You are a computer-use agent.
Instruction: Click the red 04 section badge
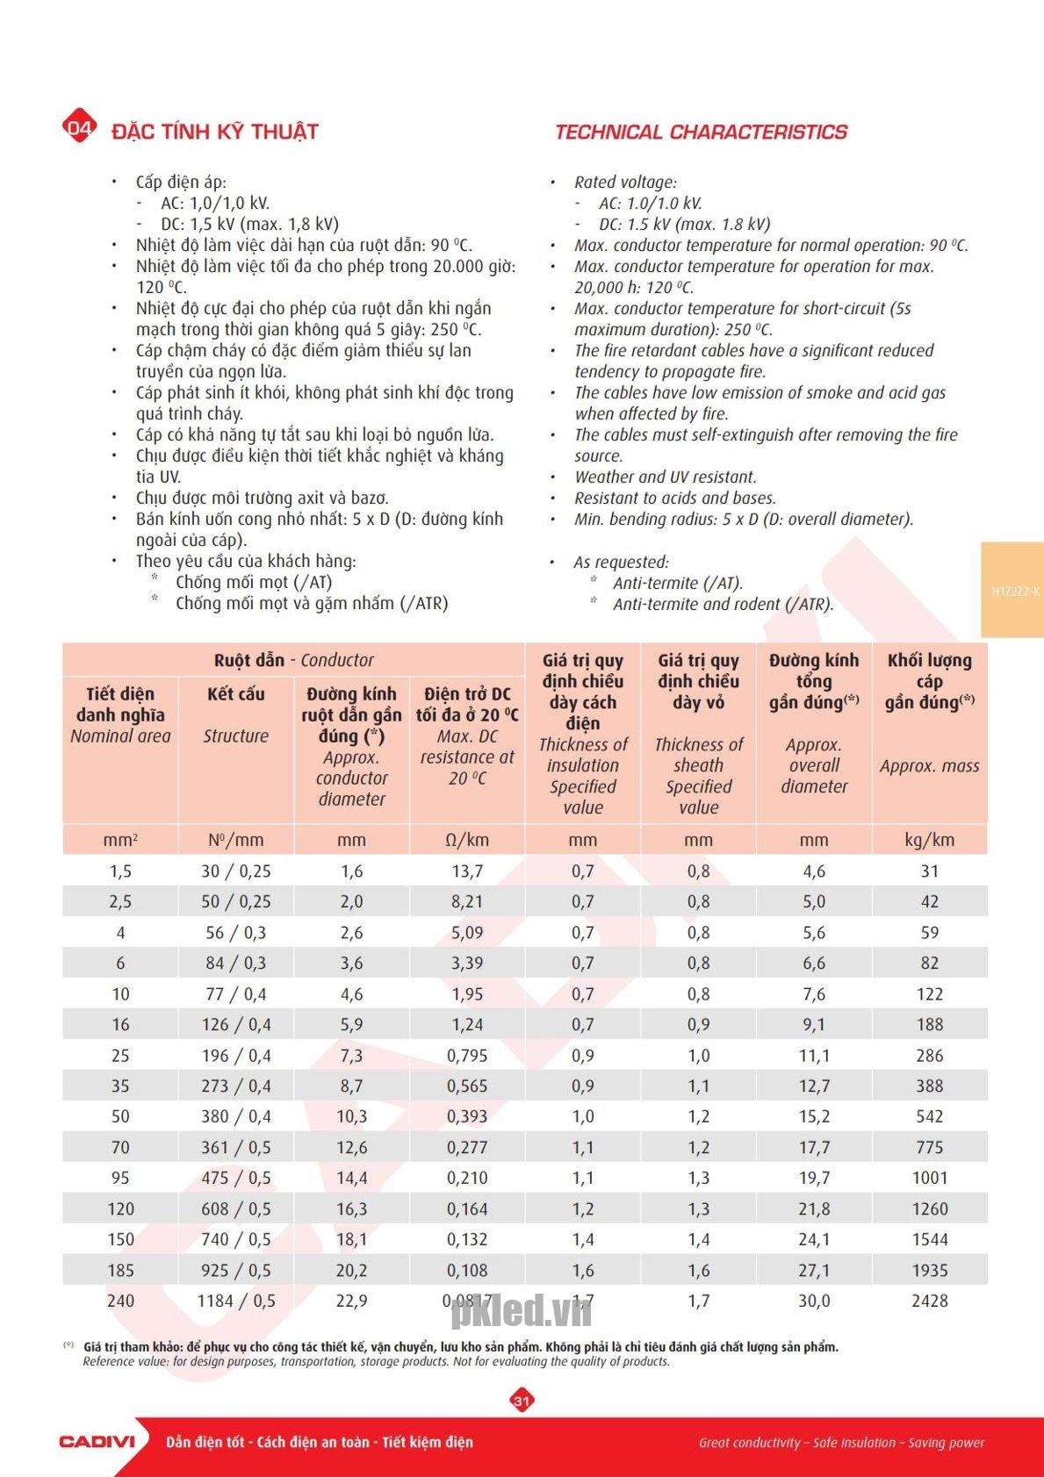(x=79, y=129)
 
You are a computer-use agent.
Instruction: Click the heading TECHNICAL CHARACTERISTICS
(x=701, y=133)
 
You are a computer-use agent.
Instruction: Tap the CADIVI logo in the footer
(x=97, y=1441)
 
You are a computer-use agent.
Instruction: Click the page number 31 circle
(x=522, y=1400)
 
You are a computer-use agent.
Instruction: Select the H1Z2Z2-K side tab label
(x=1015, y=592)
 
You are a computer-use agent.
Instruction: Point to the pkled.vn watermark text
(x=522, y=1311)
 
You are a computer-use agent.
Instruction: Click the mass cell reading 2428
(x=929, y=1301)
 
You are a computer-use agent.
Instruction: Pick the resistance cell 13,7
(x=467, y=871)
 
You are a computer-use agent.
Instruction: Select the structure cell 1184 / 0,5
(x=236, y=1301)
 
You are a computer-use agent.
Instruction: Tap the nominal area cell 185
(x=120, y=1270)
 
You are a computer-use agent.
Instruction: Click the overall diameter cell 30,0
(x=814, y=1301)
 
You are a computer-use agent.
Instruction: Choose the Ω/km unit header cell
(x=467, y=840)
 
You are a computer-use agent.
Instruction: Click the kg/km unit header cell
(x=929, y=840)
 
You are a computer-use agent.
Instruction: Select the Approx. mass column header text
(x=929, y=765)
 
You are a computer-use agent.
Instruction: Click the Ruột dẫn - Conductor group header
(x=293, y=660)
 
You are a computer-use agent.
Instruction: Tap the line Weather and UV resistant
(x=665, y=477)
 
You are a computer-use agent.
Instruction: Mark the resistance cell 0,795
(x=467, y=1055)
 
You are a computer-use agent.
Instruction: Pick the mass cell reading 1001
(x=929, y=1178)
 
